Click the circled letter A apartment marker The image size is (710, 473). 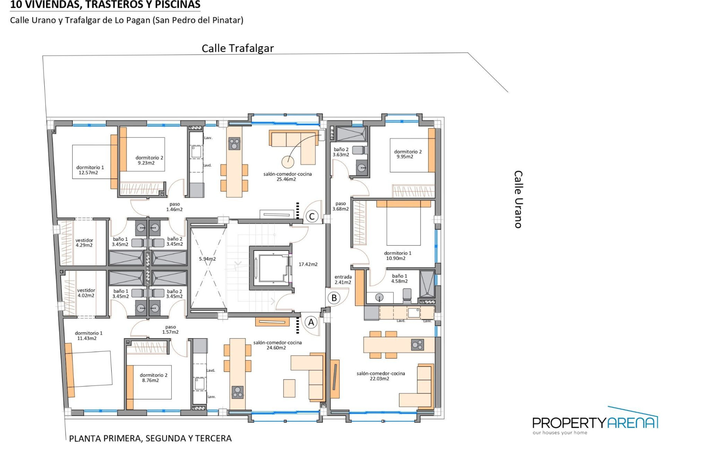pyautogui.click(x=311, y=323)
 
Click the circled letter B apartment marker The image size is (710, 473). pyautogui.click(x=334, y=298)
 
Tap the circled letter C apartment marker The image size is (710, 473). pyautogui.click(x=312, y=217)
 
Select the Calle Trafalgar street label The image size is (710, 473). pyautogui.click(x=237, y=48)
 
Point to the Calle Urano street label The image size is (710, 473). pyautogui.click(x=518, y=199)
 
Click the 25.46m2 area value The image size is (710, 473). pyautogui.click(x=286, y=179)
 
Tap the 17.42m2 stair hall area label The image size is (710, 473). pyautogui.click(x=308, y=264)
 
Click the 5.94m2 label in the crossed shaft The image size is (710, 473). pyautogui.click(x=207, y=259)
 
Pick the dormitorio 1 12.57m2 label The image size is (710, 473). pyautogui.click(x=90, y=170)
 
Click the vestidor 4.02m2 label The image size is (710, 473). pyautogui.click(x=86, y=293)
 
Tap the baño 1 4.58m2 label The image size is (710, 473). pyautogui.click(x=399, y=279)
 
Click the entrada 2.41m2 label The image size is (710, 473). pyautogui.click(x=343, y=280)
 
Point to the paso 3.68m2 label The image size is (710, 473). pyautogui.click(x=340, y=206)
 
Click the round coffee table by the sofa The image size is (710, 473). pyautogui.click(x=288, y=161)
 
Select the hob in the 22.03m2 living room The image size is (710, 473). pyautogui.click(x=417, y=345)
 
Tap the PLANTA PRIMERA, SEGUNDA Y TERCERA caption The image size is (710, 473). pyautogui.click(x=150, y=439)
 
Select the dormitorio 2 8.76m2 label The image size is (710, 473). pyautogui.click(x=153, y=378)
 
